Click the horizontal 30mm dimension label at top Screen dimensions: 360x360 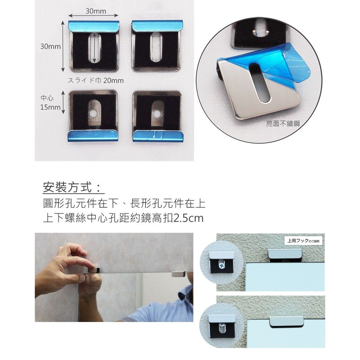pos(96,12)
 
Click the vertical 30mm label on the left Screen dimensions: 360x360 pos(50,46)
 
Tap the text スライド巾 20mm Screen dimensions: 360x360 pos(95,81)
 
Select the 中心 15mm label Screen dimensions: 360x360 pos(50,103)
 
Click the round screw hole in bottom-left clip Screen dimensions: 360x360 pos(93,114)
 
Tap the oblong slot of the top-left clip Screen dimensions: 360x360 pos(94,48)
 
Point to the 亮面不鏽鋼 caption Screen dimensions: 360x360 pos(283,124)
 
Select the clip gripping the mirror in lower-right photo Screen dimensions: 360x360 pos(286,321)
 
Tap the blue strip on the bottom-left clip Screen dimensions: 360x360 pos(93,136)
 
